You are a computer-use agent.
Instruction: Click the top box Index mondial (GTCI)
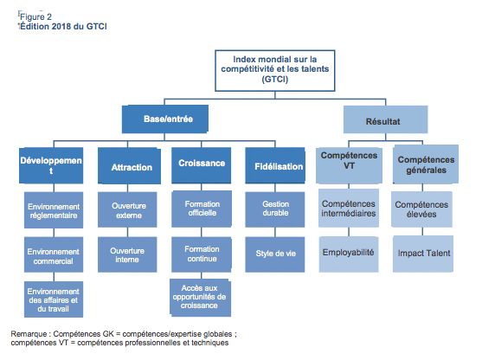point(275,71)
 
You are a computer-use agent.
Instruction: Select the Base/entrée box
point(165,119)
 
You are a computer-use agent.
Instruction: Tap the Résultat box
point(385,119)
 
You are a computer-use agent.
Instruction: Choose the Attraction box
point(129,165)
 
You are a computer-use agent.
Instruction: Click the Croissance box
point(202,165)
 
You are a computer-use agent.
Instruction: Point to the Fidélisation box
point(275,165)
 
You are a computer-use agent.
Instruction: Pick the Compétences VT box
point(350,165)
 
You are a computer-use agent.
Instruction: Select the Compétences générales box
point(426,164)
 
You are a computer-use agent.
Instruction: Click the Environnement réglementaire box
point(54,210)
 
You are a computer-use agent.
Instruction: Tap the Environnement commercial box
point(54,254)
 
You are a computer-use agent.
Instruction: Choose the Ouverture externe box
point(127,209)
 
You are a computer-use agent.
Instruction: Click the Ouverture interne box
point(127,254)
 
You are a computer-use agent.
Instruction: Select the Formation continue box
point(202,254)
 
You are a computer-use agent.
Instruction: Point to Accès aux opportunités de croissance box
point(201,298)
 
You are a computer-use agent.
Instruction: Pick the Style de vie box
point(275,254)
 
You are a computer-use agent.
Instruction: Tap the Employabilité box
point(349,254)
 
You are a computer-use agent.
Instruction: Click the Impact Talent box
point(423,254)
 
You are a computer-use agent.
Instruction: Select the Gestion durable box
point(275,209)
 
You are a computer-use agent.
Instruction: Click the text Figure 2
point(35,17)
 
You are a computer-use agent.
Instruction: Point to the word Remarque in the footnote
point(29,334)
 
